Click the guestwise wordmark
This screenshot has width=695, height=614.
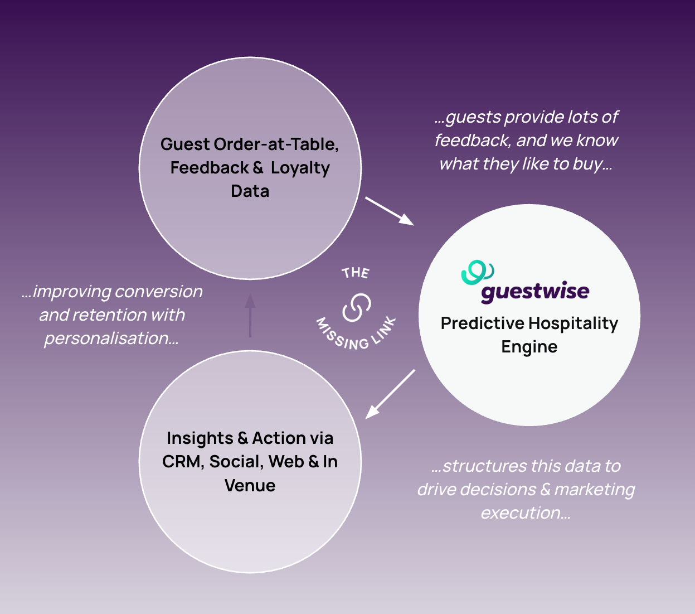[534, 292]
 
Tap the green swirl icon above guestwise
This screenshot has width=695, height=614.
[477, 272]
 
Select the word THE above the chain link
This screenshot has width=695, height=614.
[356, 273]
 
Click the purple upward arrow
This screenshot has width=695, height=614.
[250, 315]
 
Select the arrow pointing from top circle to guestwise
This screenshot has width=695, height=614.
[389, 211]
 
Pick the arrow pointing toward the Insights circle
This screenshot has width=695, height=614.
[390, 394]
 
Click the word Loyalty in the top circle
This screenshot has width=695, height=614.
[300, 168]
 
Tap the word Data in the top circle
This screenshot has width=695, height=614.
[250, 191]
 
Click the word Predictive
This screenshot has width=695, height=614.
[482, 323]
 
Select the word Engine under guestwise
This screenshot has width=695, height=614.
[529, 347]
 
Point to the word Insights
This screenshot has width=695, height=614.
[200, 438]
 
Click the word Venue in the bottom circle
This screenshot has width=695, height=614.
[250, 485]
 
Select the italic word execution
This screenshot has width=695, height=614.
[525, 513]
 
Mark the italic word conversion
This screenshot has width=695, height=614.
[159, 292]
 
